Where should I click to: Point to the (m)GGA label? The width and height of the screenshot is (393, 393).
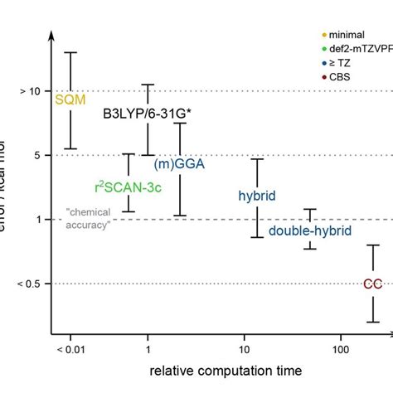(x=179, y=163)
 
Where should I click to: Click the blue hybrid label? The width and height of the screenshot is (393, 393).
(x=256, y=196)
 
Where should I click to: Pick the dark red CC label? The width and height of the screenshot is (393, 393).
(x=372, y=284)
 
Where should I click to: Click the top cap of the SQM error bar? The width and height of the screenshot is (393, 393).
(x=70, y=52)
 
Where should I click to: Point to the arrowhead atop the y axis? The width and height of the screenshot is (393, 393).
(x=52, y=35)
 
